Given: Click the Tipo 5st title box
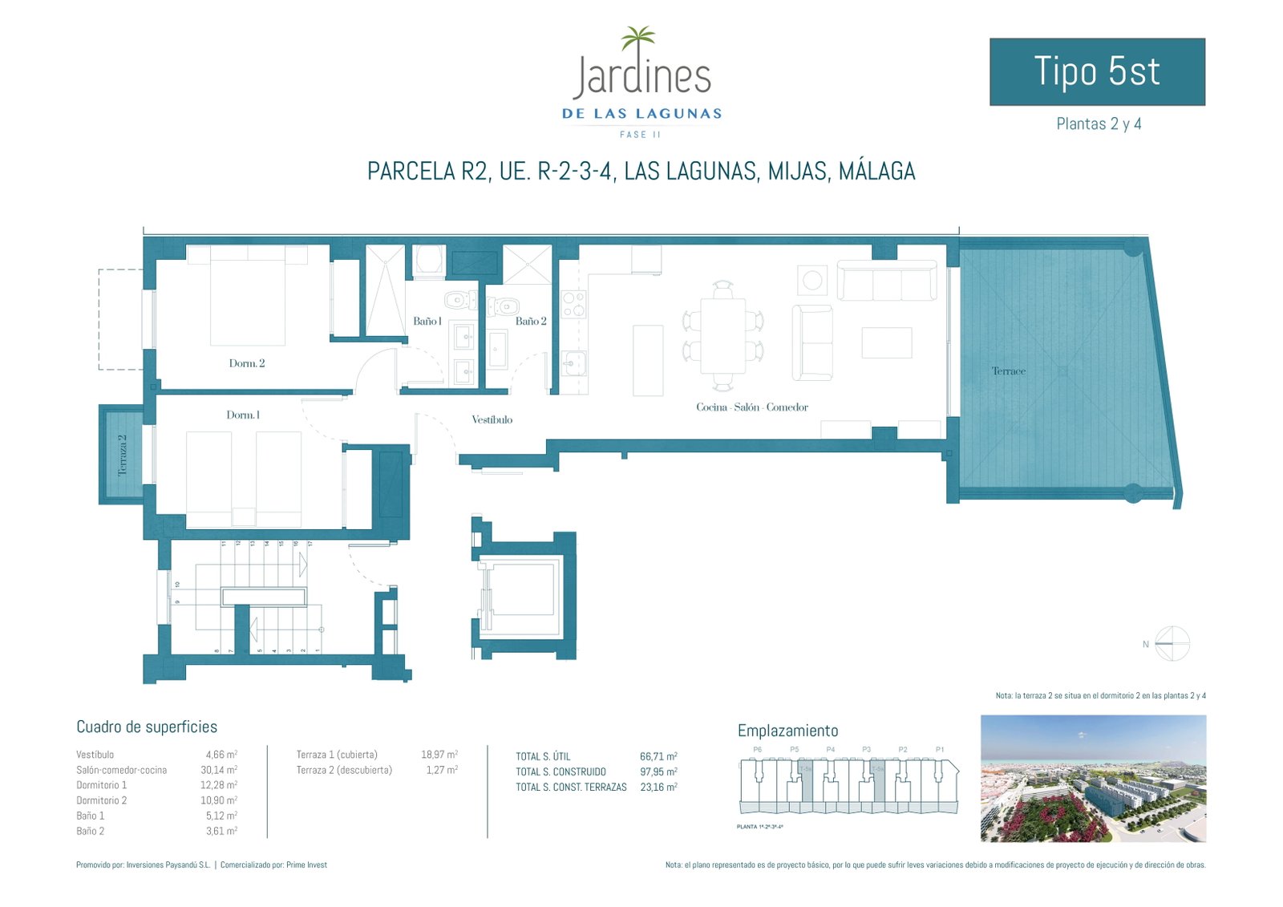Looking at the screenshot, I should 1097,71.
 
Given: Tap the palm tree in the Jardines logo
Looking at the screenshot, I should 638,38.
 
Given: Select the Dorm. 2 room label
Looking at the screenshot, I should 247,363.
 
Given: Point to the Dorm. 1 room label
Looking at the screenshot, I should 243,415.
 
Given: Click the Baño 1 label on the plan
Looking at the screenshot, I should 427,321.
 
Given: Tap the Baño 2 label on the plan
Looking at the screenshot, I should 531,321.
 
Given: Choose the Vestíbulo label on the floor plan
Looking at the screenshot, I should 492,419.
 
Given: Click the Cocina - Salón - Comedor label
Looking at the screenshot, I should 752,407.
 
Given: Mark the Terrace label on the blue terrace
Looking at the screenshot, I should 1008,371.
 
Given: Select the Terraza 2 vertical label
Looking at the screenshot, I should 123,456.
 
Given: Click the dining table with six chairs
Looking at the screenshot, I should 722,335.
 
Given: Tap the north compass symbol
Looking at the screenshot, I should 1172,643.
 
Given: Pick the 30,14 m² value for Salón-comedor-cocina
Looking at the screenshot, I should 221,770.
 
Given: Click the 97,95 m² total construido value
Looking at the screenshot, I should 658,771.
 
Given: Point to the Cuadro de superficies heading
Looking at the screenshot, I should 147,727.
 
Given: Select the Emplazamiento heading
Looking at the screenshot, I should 787,731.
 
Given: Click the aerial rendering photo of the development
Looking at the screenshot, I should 1093,778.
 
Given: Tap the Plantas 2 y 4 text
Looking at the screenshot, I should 1099,123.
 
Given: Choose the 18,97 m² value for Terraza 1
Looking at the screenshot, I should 439,755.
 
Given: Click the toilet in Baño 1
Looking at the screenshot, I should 457,301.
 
